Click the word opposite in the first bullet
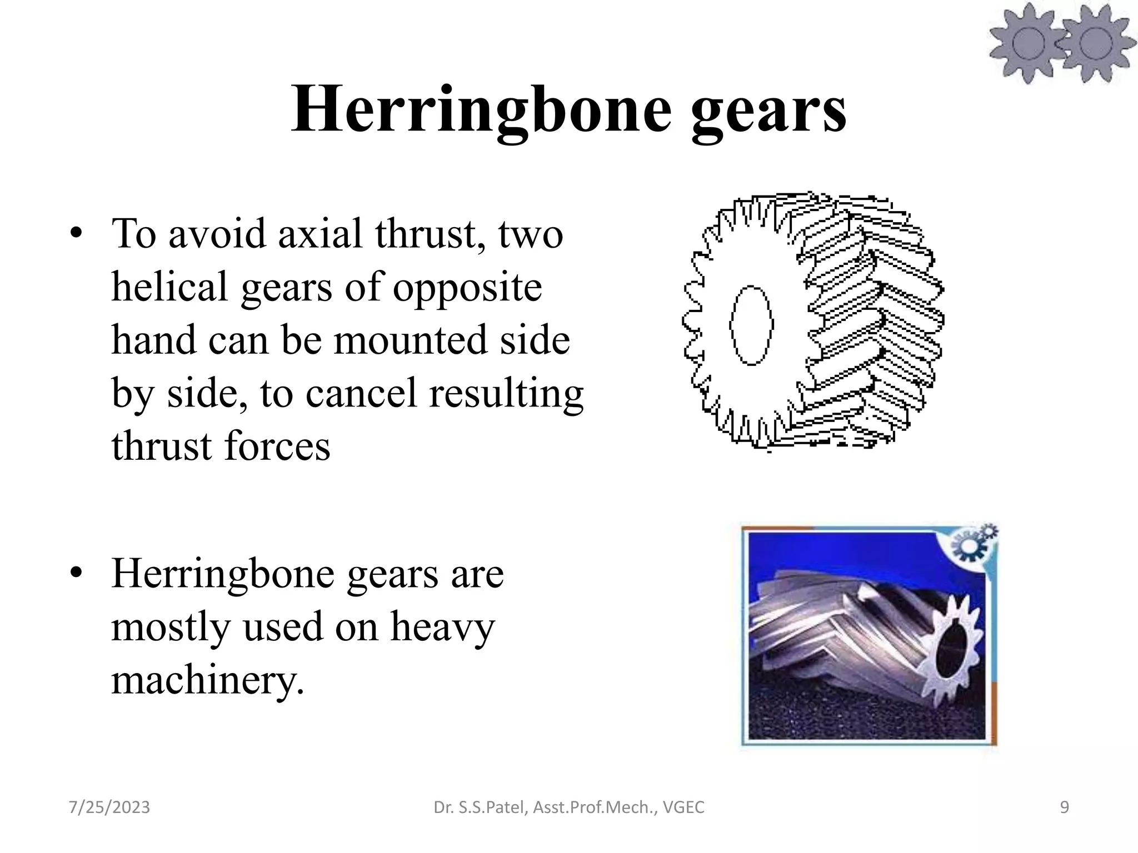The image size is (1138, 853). point(467,289)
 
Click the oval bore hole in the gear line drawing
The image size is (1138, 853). point(751,325)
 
